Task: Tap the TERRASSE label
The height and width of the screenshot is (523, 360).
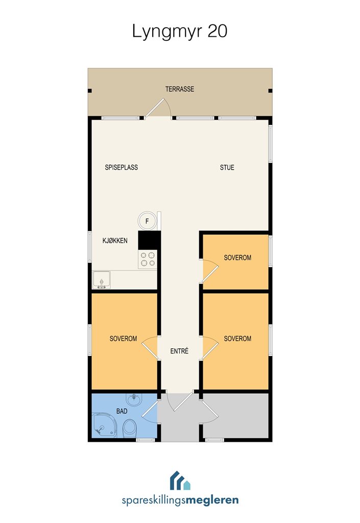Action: [180, 89]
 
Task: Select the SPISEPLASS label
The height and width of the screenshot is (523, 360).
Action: [122, 168]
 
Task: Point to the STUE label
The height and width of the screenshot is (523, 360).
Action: [227, 168]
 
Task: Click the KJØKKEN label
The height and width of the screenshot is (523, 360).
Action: [115, 241]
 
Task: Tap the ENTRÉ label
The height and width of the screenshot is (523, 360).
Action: [179, 351]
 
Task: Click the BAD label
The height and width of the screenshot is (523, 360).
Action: [122, 411]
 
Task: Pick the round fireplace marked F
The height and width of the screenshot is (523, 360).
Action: [147, 221]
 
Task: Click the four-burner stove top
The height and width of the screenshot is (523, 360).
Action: [148, 259]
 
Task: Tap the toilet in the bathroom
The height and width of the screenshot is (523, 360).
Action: [129, 429]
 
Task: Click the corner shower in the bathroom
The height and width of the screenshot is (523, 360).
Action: [104, 425]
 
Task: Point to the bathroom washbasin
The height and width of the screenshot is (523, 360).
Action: [134, 399]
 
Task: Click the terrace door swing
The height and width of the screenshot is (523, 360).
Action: [158, 107]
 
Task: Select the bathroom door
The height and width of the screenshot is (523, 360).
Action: [150, 410]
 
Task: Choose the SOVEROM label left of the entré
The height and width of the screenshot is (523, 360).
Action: [124, 339]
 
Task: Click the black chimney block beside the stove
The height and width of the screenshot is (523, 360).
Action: [149, 240]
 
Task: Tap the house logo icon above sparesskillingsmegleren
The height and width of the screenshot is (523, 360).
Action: [180, 480]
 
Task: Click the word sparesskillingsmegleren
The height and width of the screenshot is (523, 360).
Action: [180, 501]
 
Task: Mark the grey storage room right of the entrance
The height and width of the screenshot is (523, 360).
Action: [236, 416]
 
